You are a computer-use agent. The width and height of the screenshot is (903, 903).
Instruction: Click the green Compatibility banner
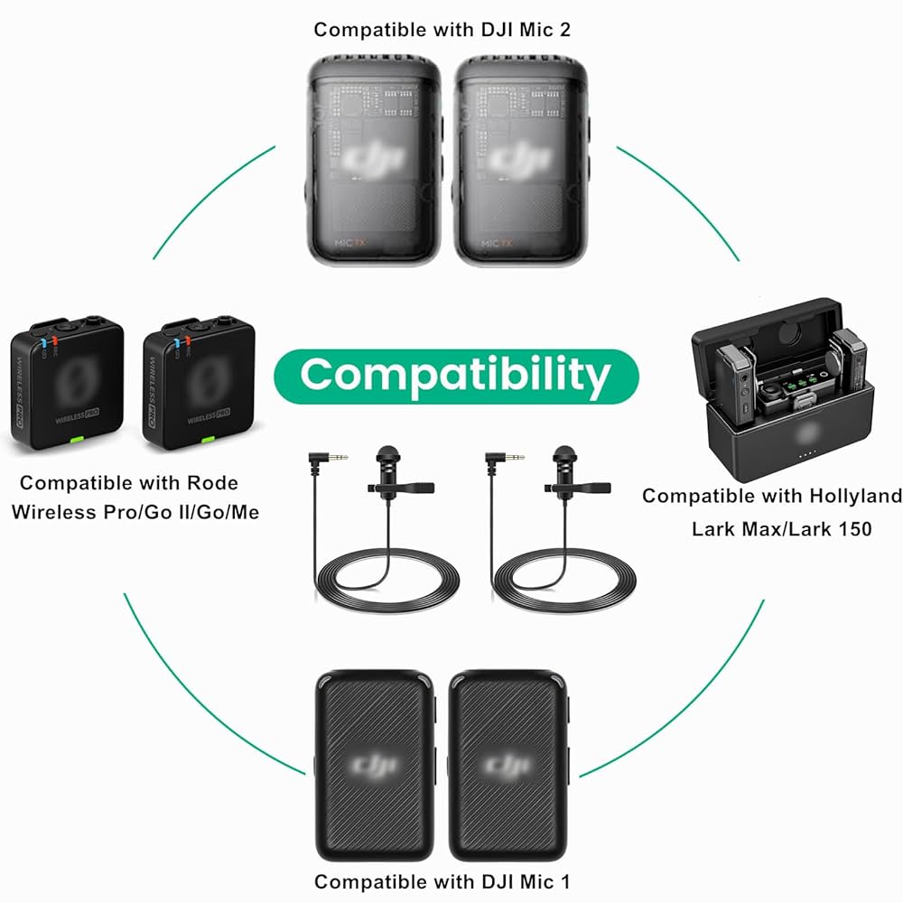point(455,374)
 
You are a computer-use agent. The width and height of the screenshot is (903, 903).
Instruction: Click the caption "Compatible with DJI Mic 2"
point(442,29)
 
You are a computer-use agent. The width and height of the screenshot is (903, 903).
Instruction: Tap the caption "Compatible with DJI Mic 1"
point(442,880)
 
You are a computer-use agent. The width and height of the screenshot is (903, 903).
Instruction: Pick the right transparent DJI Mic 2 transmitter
point(521,159)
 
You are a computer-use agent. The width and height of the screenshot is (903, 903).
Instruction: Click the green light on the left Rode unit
point(77,440)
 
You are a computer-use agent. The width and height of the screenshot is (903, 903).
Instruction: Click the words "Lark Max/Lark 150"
point(781,528)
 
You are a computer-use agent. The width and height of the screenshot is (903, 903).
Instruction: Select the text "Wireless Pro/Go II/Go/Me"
point(135,512)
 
